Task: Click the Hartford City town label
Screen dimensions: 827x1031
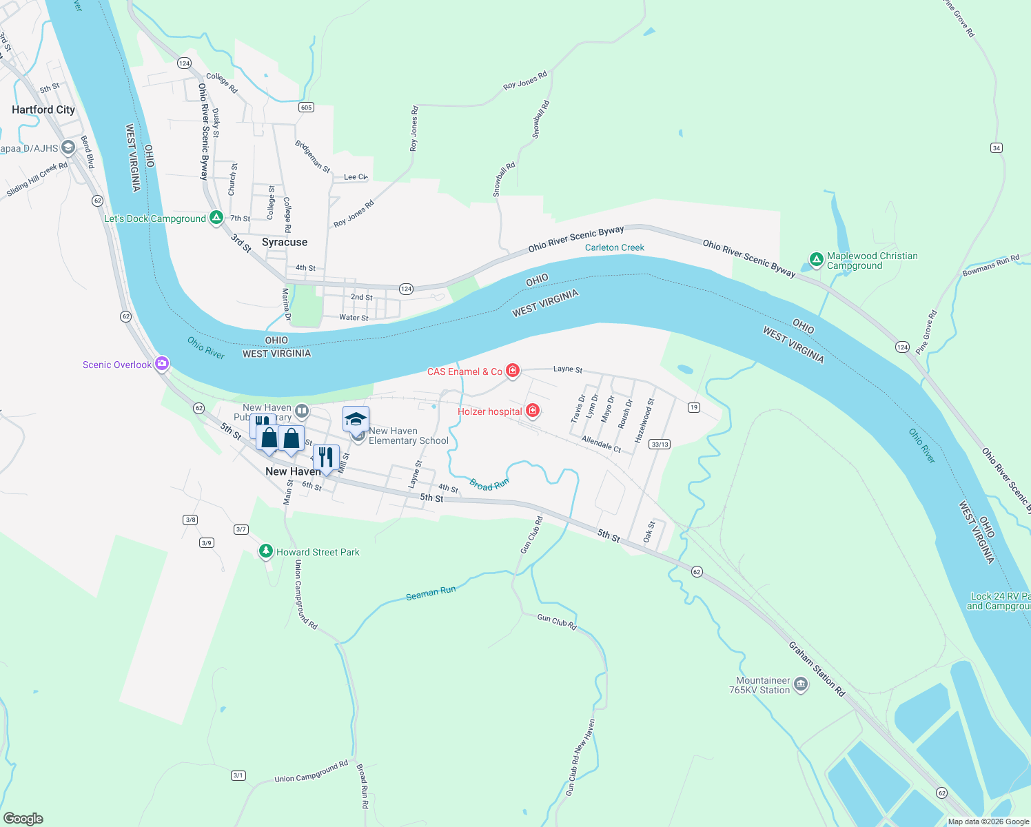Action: [x=43, y=110]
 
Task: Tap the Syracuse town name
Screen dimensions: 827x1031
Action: [x=285, y=242]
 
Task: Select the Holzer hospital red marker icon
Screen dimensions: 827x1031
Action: [x=532, y=411]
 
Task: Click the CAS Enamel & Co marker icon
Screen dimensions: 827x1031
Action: [x=512, y=371]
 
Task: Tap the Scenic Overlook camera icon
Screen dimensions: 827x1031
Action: [x=162, y=364]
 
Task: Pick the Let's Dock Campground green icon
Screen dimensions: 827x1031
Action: [x=216, y=218]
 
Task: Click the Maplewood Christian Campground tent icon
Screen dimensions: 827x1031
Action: [x=816, y=260]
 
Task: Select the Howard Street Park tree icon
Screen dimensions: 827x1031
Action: [x=266, y=551]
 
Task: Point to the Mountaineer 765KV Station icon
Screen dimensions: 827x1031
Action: [x=800, y=684]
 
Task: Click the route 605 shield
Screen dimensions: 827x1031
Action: [x=307, y=107]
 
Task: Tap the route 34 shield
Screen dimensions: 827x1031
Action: [x=996, y=147]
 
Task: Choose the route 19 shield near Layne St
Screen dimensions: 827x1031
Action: [x=693, y=407]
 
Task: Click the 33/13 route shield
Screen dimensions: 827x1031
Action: [x=660, y=445]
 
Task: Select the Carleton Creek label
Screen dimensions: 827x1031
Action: [x=614, y=247]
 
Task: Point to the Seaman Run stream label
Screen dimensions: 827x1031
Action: [x=431, y=593]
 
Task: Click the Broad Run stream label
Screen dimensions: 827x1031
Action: [x=489, y=484]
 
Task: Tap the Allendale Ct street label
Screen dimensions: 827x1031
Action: [x=601, y=444]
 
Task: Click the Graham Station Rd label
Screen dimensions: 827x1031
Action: [x=817, y=668]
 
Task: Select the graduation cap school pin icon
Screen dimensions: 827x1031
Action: [x=356, y=419]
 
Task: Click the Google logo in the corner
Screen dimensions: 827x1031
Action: [x=23, y=819]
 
